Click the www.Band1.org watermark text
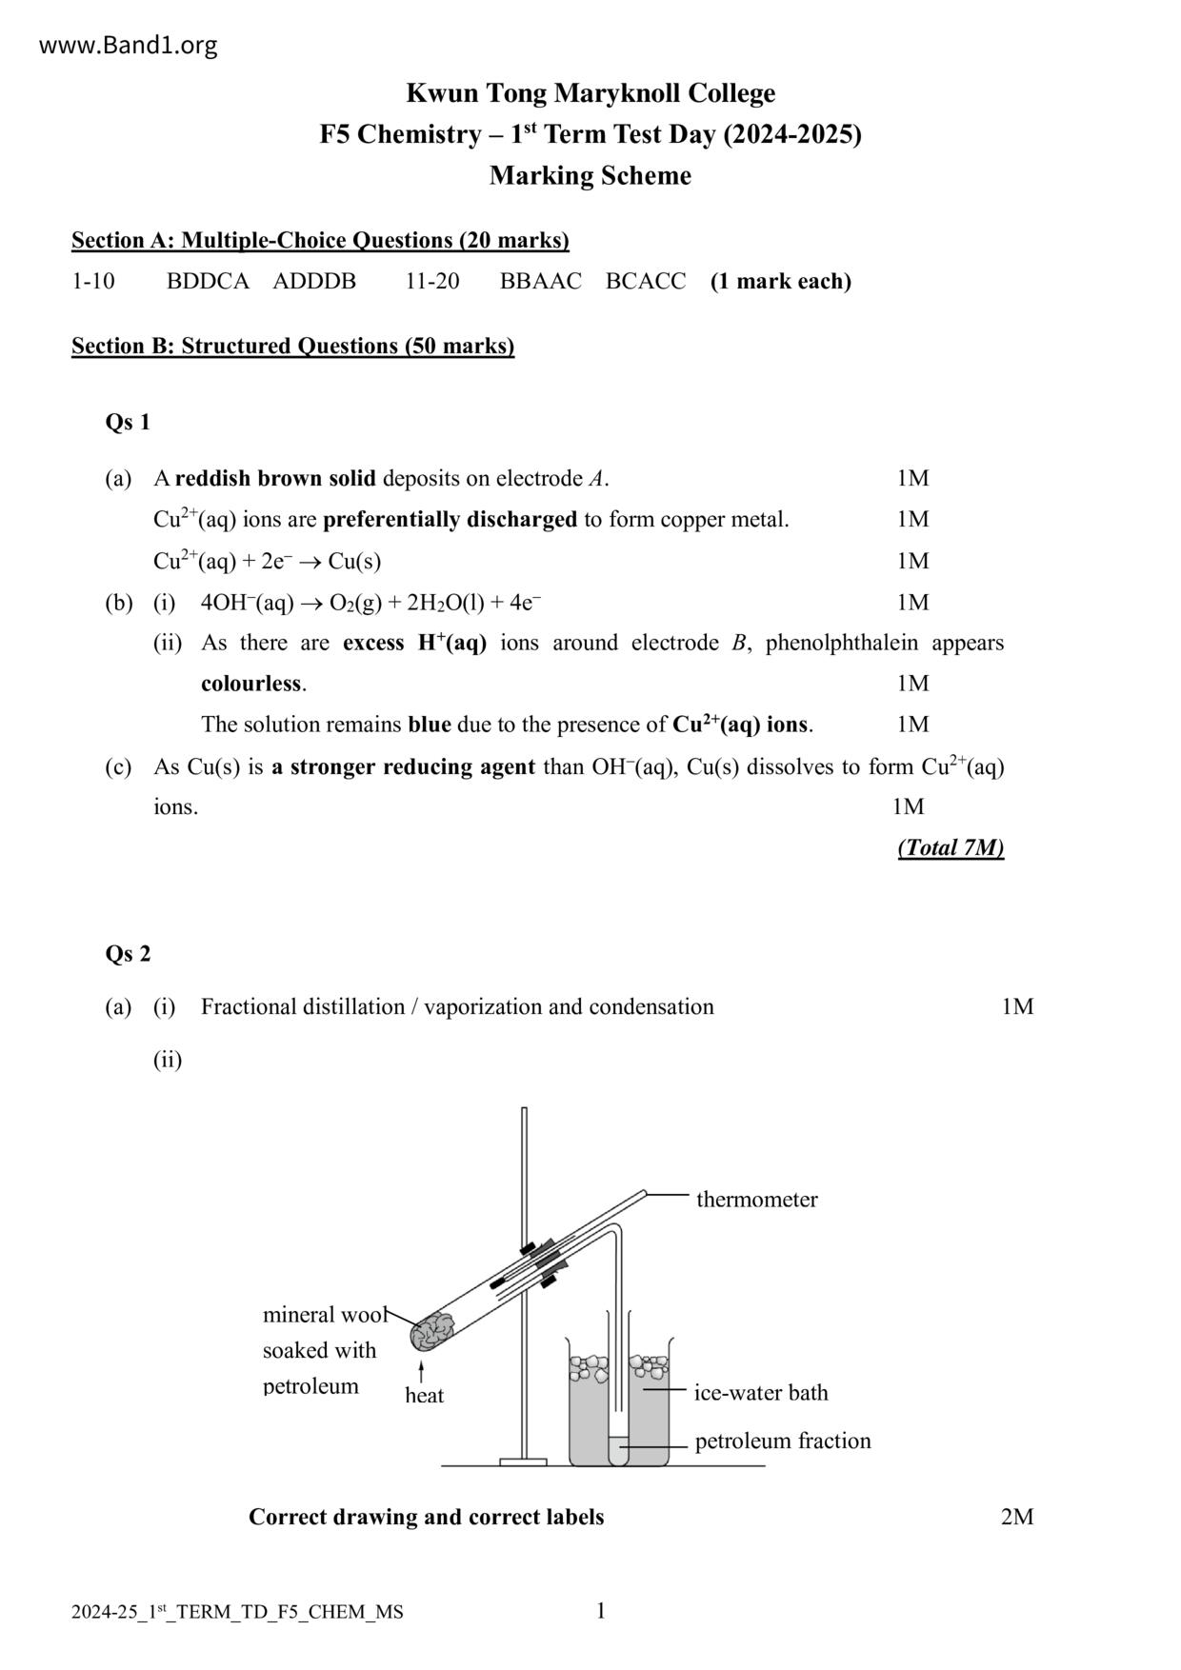[128, 45]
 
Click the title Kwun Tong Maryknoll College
[590, 93]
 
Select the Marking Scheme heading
[590, 176]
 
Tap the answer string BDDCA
[208, 282]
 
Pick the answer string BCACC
[645, 282]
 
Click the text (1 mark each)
[780, 282]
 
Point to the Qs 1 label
[128, 422]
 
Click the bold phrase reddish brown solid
[275, 478]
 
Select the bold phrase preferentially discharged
[450, 520]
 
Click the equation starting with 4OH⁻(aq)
[371, 603]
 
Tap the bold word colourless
[251, 684]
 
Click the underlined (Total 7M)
[950, 847]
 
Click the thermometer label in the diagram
[756, 1200]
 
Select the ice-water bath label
[760, 1393]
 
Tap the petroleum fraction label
[782, 1441]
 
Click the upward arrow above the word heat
[421, 1372]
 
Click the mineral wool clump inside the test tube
[432, 1329]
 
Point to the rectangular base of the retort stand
[523, 1461]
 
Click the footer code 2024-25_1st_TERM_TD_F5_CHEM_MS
[236, 1612]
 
